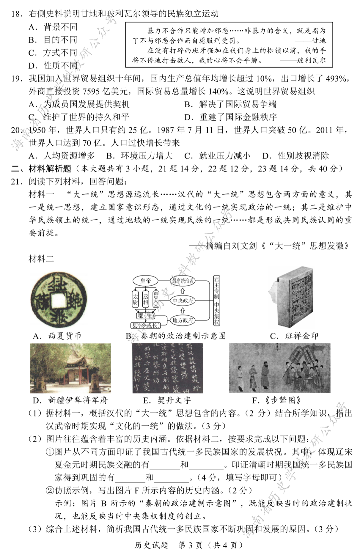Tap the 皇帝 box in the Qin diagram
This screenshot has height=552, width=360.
[146, 281]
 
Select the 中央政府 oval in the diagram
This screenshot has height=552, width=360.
[183, 300]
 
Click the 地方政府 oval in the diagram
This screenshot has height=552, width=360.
[183, 320]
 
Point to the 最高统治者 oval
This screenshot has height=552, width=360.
[183, 281]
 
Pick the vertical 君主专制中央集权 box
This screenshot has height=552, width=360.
[217, 300]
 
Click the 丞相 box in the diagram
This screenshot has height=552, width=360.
[146, 299]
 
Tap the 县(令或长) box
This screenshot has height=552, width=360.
[145, 325]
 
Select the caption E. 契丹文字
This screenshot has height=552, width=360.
[167, 400]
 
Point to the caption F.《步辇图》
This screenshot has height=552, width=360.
[277, 400]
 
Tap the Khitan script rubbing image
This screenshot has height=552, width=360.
[168, 368]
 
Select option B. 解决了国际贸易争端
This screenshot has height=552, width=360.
[230, 104]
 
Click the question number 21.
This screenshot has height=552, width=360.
[17, 182]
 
